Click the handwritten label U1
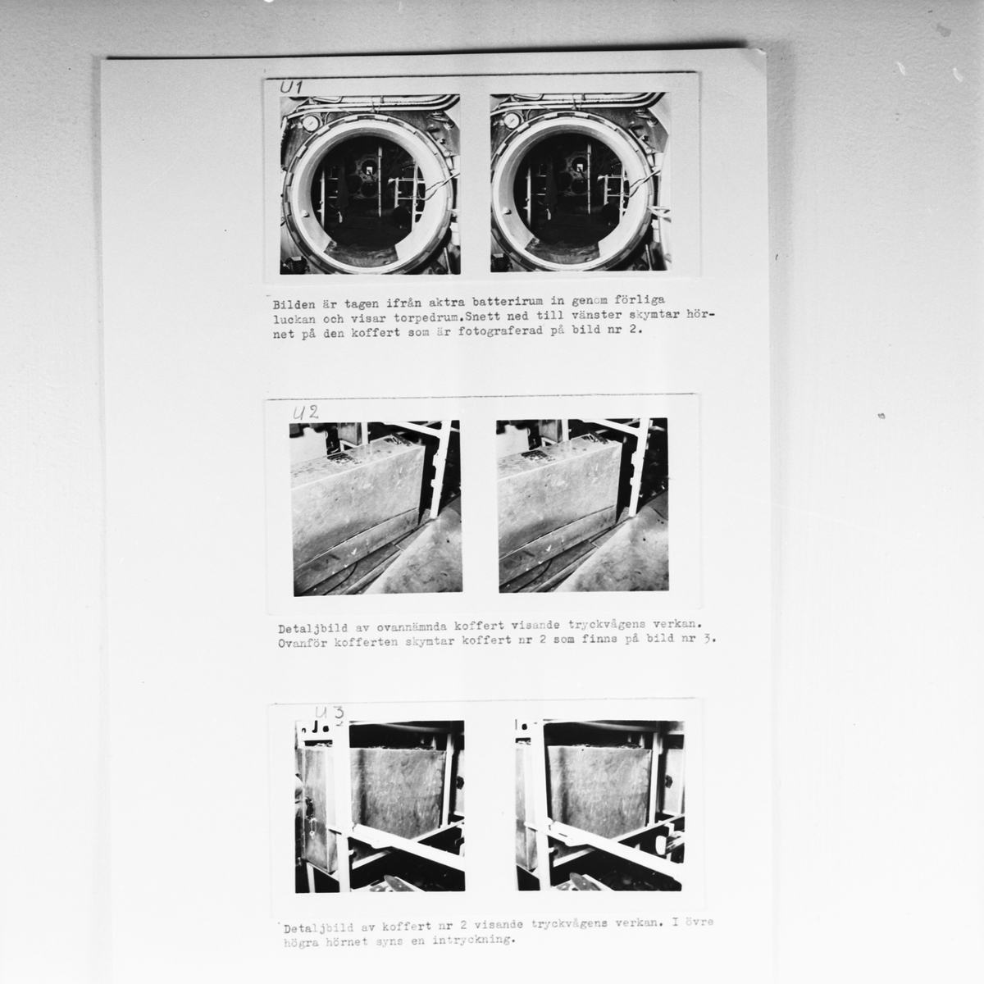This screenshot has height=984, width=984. coord(291,87)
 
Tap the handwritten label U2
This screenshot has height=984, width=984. coord(306,412)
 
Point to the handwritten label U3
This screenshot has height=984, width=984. coord(330,713)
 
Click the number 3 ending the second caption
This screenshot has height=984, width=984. coord(707,638)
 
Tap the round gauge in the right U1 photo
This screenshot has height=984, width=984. coord(511,121)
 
